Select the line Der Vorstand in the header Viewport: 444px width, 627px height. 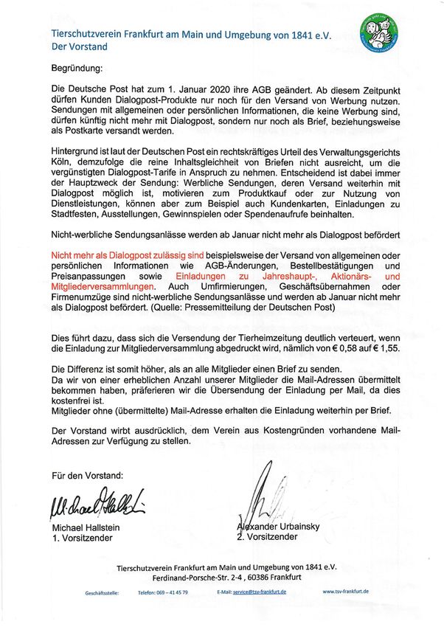(79, 46)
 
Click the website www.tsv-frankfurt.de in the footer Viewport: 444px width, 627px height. (346, 592)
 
